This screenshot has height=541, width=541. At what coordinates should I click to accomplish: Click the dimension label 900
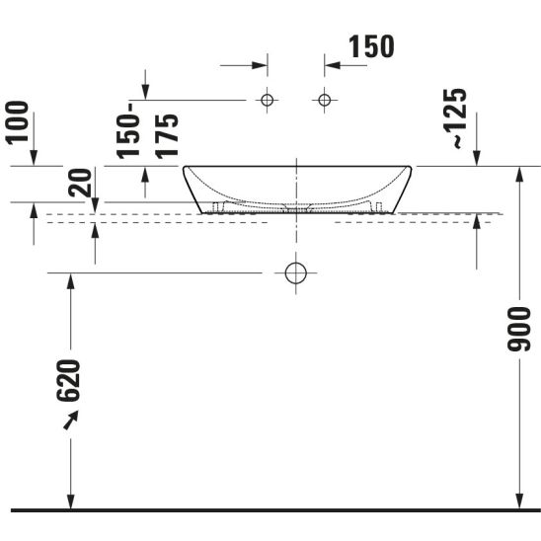(x=519, y=329)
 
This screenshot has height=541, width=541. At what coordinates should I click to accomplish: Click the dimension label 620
(x=68, y=381)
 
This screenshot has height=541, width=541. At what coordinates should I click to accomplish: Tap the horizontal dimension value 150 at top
(x=371, y=46)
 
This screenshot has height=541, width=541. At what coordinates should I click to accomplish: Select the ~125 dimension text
(x=455, y=118)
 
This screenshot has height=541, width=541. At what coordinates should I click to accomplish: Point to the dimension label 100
(x=17, y=122)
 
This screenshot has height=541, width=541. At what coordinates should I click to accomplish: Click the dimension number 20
(x=80, y=183)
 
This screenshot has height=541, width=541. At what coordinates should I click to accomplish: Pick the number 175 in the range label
(x=167, y=136)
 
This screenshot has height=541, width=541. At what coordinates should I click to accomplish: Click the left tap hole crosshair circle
(x=268, y=100)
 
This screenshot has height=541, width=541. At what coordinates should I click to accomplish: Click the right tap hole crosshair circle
(x=325, y=100)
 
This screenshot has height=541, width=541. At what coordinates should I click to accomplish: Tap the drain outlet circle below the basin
(x=296, y=272)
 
